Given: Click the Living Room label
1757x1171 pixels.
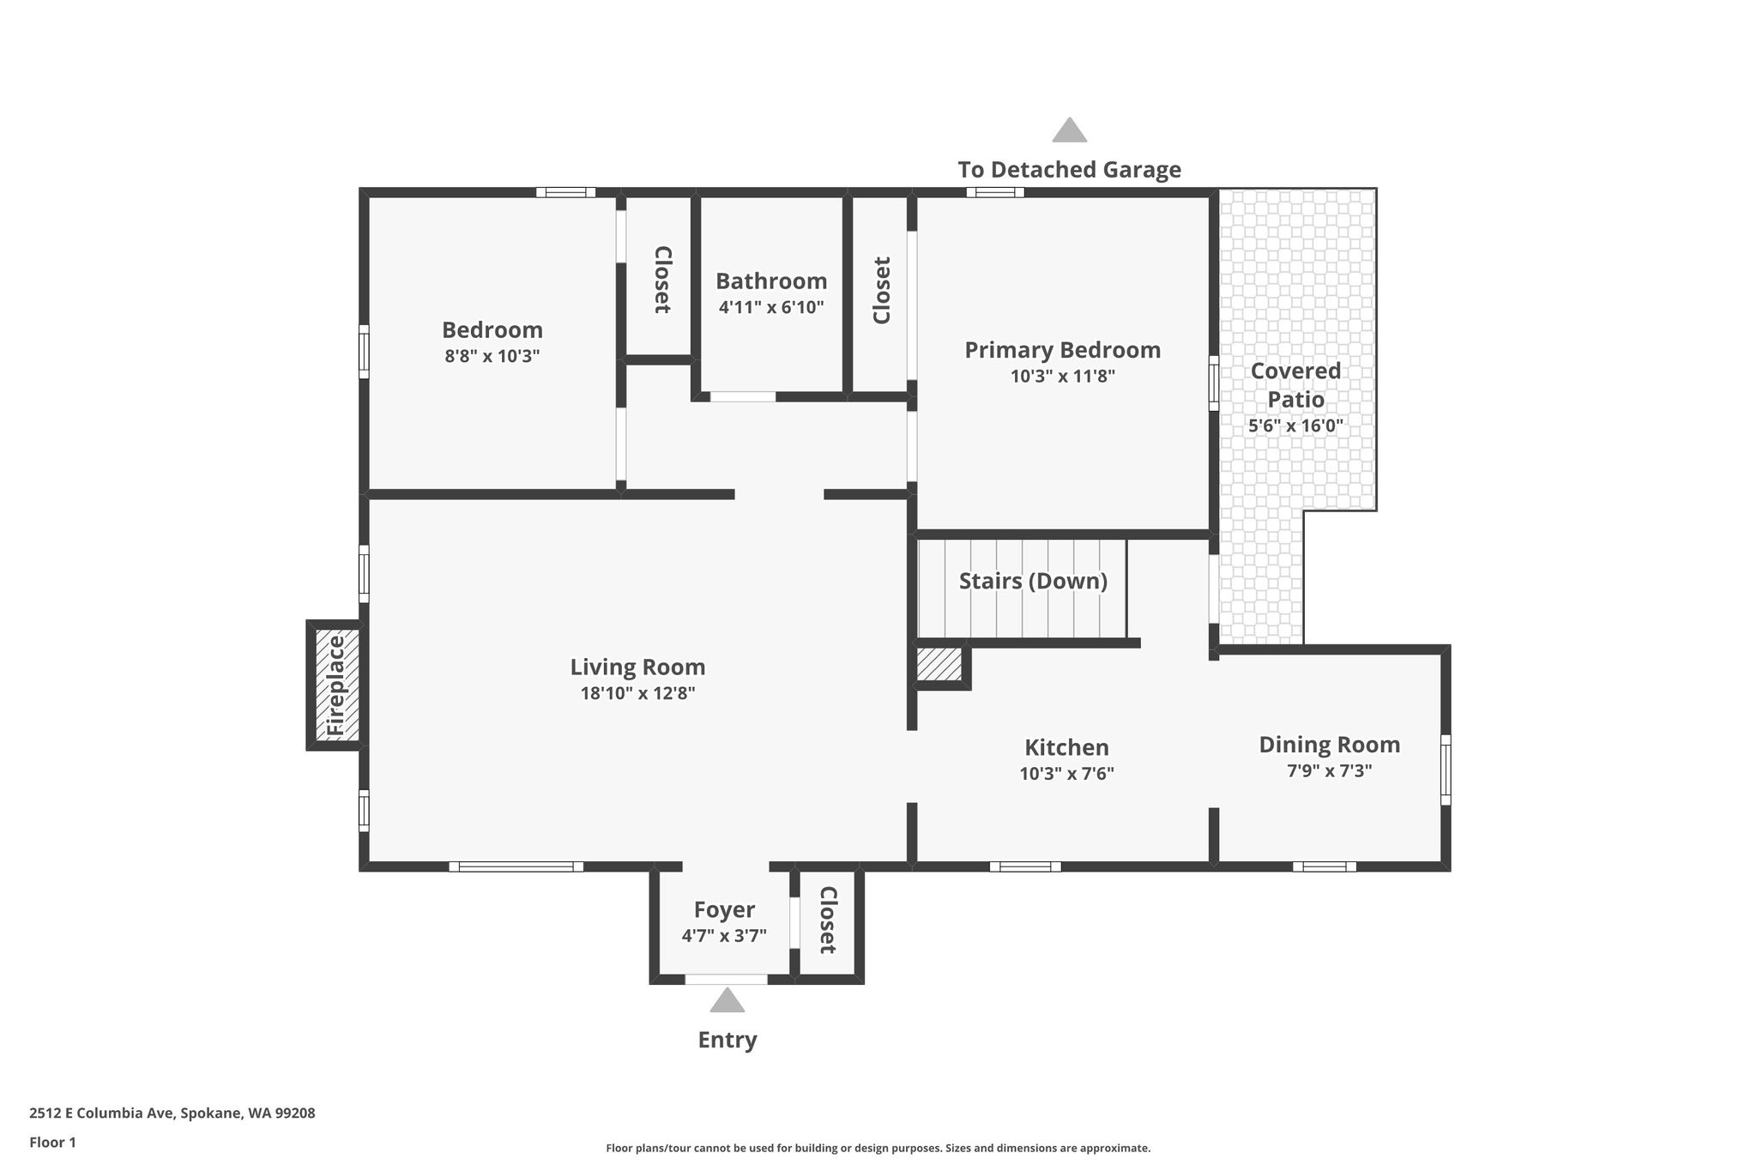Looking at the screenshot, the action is tap(637, 667).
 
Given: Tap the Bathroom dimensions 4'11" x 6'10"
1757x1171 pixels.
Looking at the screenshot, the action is tap(771, 306).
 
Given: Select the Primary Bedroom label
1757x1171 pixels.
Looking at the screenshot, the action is tap(1062, 350).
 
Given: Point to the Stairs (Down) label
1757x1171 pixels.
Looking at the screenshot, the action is tap(1033, 581).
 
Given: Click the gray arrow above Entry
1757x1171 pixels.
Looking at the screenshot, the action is tap(728, 999).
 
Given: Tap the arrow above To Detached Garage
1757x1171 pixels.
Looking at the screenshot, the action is tap(1070, 130).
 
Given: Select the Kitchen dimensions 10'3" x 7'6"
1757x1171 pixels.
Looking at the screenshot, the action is tap(1066, 773).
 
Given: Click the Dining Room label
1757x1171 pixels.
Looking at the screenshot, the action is tap(1329, 745).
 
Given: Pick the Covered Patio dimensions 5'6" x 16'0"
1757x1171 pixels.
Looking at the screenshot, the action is tap(1295, 425).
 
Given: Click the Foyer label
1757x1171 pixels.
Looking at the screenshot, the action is tap(724, 909).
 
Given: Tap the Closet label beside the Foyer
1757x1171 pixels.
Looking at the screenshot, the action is tap(828, 920).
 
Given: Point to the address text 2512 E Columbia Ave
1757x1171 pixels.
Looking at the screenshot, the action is tap(103, 1114).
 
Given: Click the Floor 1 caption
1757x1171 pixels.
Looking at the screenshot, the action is tap(52, 1142).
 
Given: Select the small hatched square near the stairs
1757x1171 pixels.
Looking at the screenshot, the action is tap(939, 664).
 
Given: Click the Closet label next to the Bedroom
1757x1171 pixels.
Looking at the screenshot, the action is tap(662, 280).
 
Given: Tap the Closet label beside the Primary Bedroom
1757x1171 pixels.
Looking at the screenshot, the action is tap(882, 290).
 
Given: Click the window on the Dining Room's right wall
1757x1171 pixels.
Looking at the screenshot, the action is tap(1446, 770).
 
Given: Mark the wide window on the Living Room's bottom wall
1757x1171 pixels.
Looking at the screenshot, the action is tap(516, 866).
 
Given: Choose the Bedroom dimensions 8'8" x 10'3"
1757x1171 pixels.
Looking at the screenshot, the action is tap(492, 355).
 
